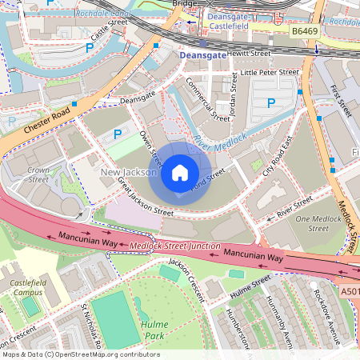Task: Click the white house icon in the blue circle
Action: click(179, 172)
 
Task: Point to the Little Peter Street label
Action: click(270, 72)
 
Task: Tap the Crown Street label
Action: click(38, 175)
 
